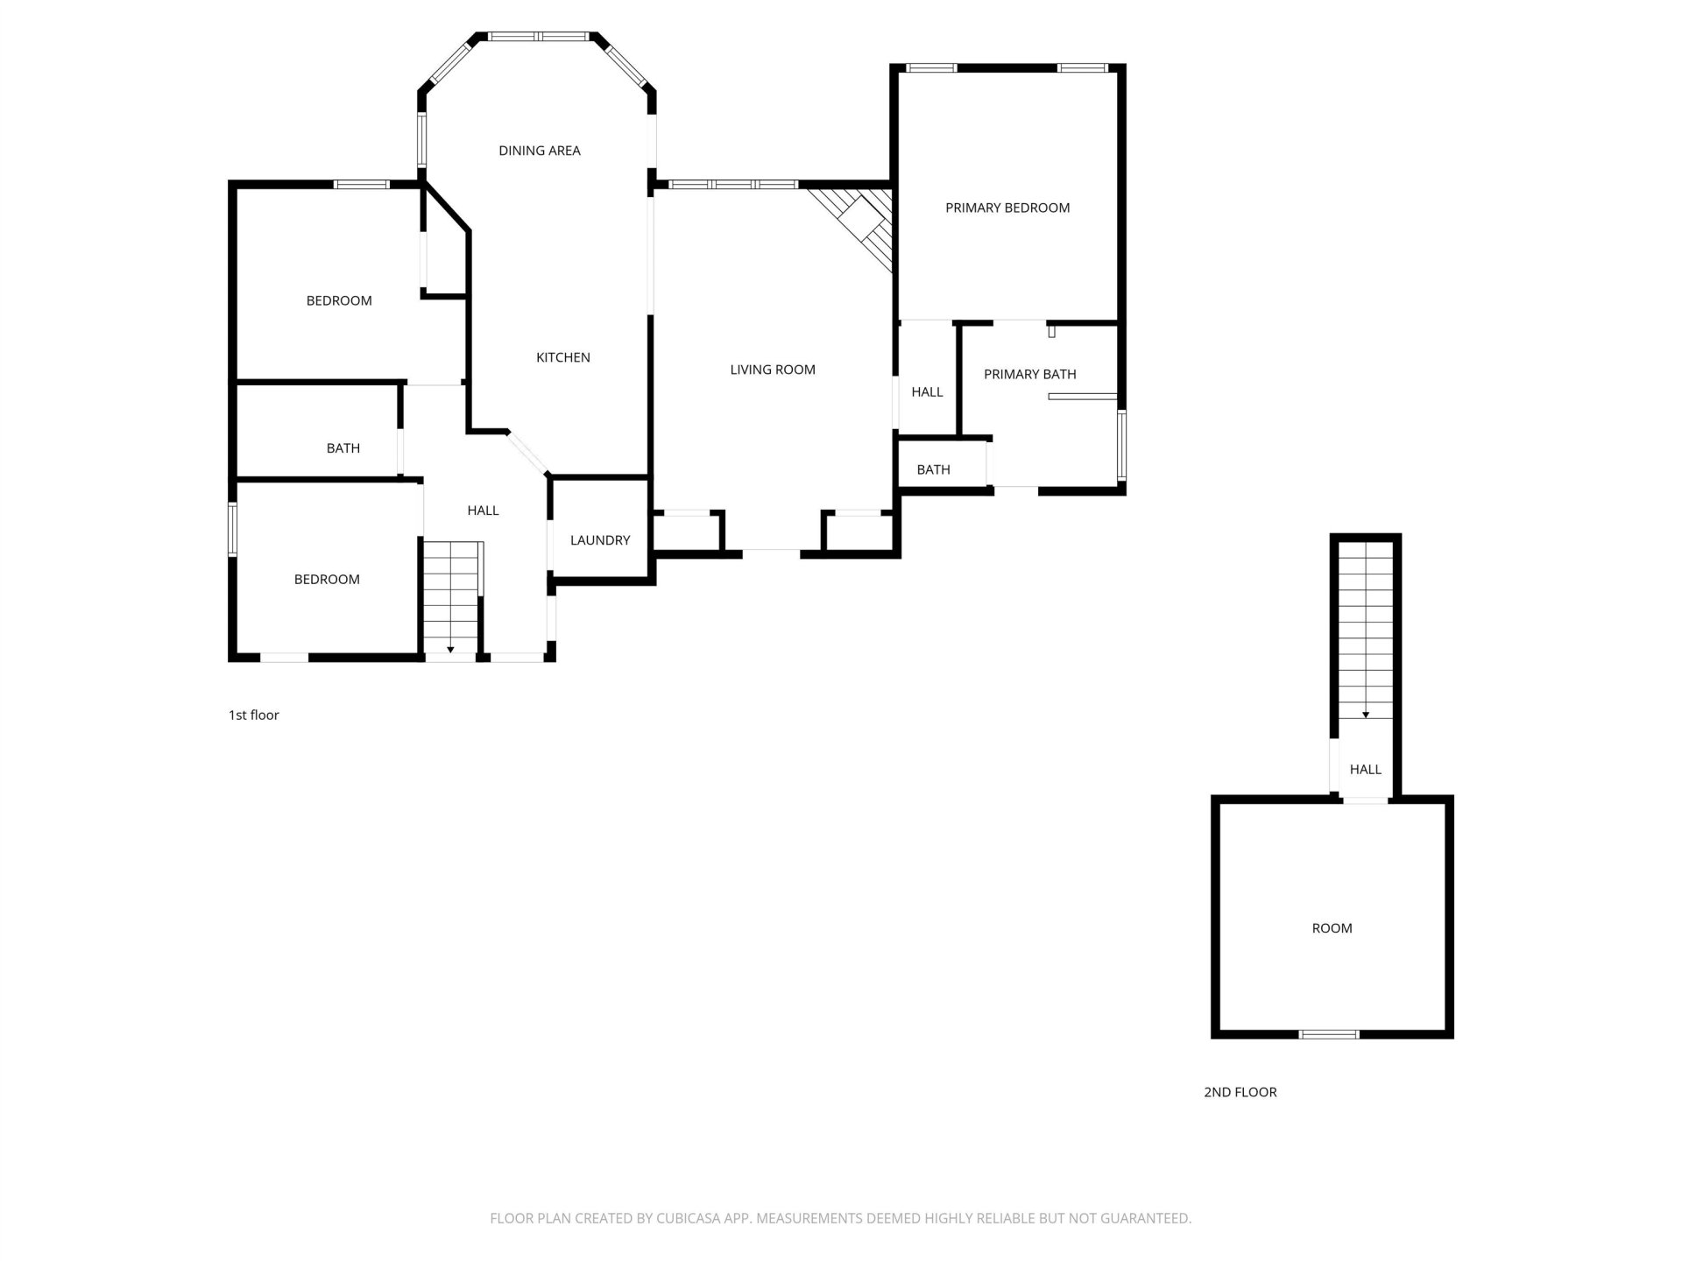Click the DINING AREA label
coord(540,151)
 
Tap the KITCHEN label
coord(563,357)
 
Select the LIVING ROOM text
coord(773,370)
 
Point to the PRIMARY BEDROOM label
coord(1007,208)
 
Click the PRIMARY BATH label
coord(1030,374)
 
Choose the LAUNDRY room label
coord(600,540)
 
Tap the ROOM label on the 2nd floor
coord(1332,928)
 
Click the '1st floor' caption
coord(254,715)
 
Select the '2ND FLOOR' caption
coord(1240,1092)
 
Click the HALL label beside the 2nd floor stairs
coord(1366,770)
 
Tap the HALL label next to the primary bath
coord(927,392)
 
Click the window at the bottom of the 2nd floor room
coord(1329,1034)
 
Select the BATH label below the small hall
coord(934,469)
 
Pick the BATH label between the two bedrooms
coord(343,448)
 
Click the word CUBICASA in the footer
coord(687,1218)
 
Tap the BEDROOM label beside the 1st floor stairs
coord(327,580)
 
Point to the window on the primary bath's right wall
coord(1121,446)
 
